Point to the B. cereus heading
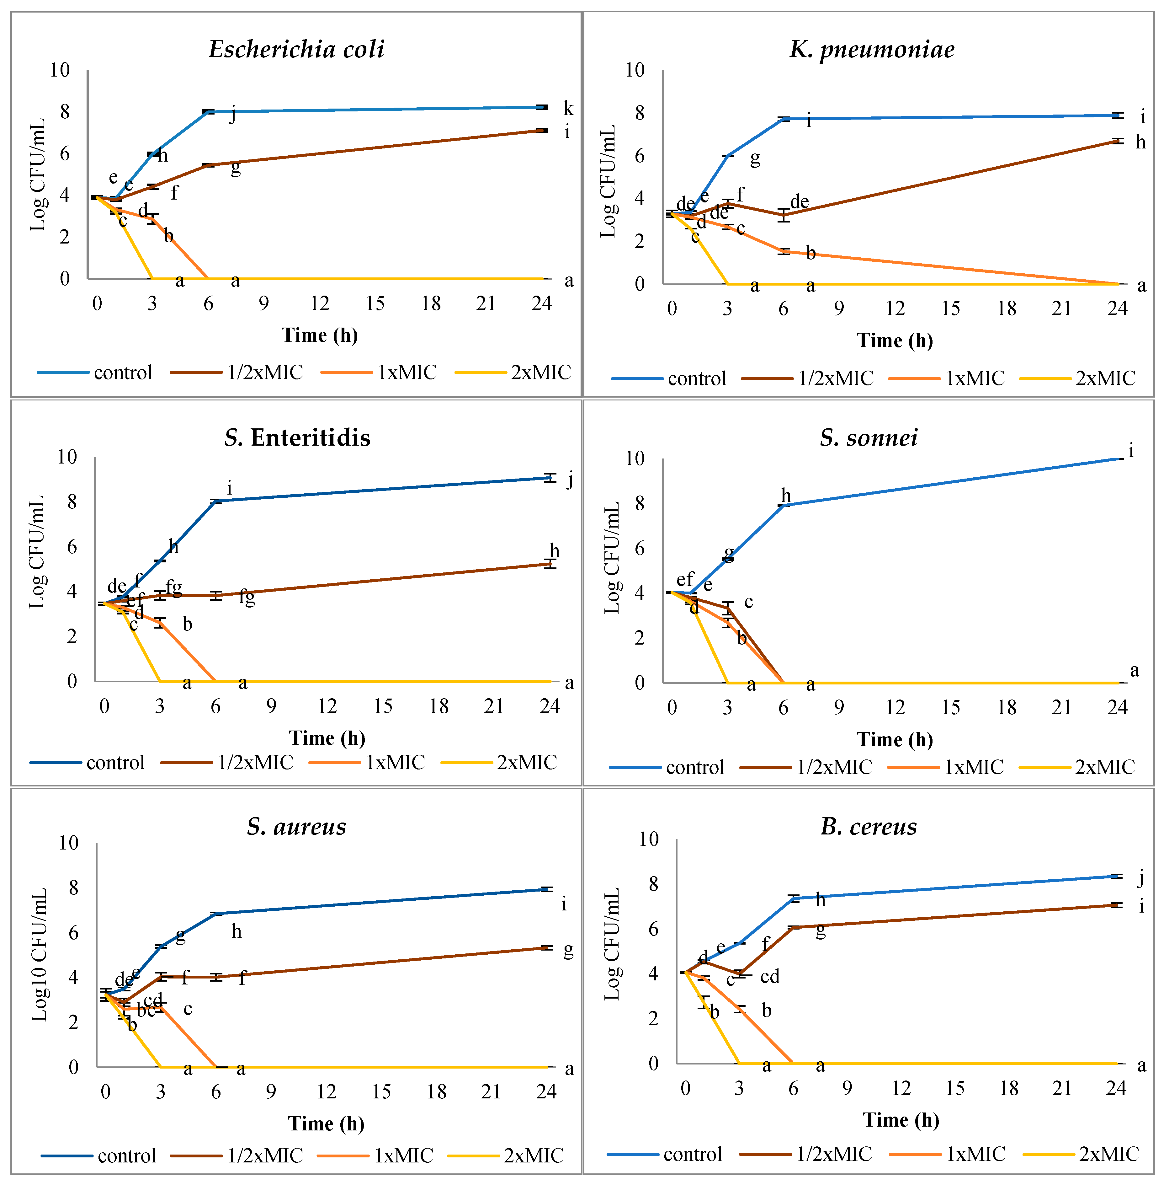pos(869,827)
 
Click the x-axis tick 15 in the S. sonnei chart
pos(951,707)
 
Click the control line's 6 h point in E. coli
pos(209,112)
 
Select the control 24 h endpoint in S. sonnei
pos(1118,458)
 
